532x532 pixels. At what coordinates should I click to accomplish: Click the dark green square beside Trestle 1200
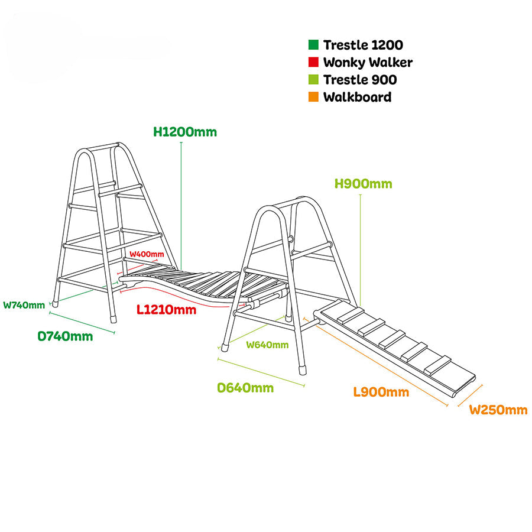coord(313,45)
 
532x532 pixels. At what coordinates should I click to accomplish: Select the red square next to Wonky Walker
coord(313,62)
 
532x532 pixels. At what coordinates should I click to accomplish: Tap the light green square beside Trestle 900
coord(313,80)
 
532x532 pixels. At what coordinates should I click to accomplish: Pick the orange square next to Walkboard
coord(313,97)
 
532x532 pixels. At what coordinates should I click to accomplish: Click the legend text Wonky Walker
coord(368,62)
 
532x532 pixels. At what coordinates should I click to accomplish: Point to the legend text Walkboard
coord(357,97)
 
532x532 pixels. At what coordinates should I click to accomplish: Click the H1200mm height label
coord(185,132)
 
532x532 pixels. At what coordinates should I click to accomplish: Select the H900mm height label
coord(363,184)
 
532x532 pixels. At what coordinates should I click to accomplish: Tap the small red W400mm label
coord(147,254)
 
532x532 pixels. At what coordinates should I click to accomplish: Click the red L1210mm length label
coord(167,309)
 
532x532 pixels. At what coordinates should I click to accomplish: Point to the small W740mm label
coord(24,305)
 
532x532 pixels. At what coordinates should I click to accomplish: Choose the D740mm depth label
coord(65,336)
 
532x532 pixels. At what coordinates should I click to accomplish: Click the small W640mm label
coord(267,345)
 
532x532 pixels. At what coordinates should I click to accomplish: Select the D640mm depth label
coord(245,388)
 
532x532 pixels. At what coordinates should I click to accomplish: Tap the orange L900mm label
coord(381,392)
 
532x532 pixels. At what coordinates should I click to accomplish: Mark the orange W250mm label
coord(498,410)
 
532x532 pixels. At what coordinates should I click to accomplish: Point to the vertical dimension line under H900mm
coord(360,248)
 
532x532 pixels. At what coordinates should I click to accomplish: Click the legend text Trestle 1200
coord(363,45)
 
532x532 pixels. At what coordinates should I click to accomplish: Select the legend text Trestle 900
coord(360,80)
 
